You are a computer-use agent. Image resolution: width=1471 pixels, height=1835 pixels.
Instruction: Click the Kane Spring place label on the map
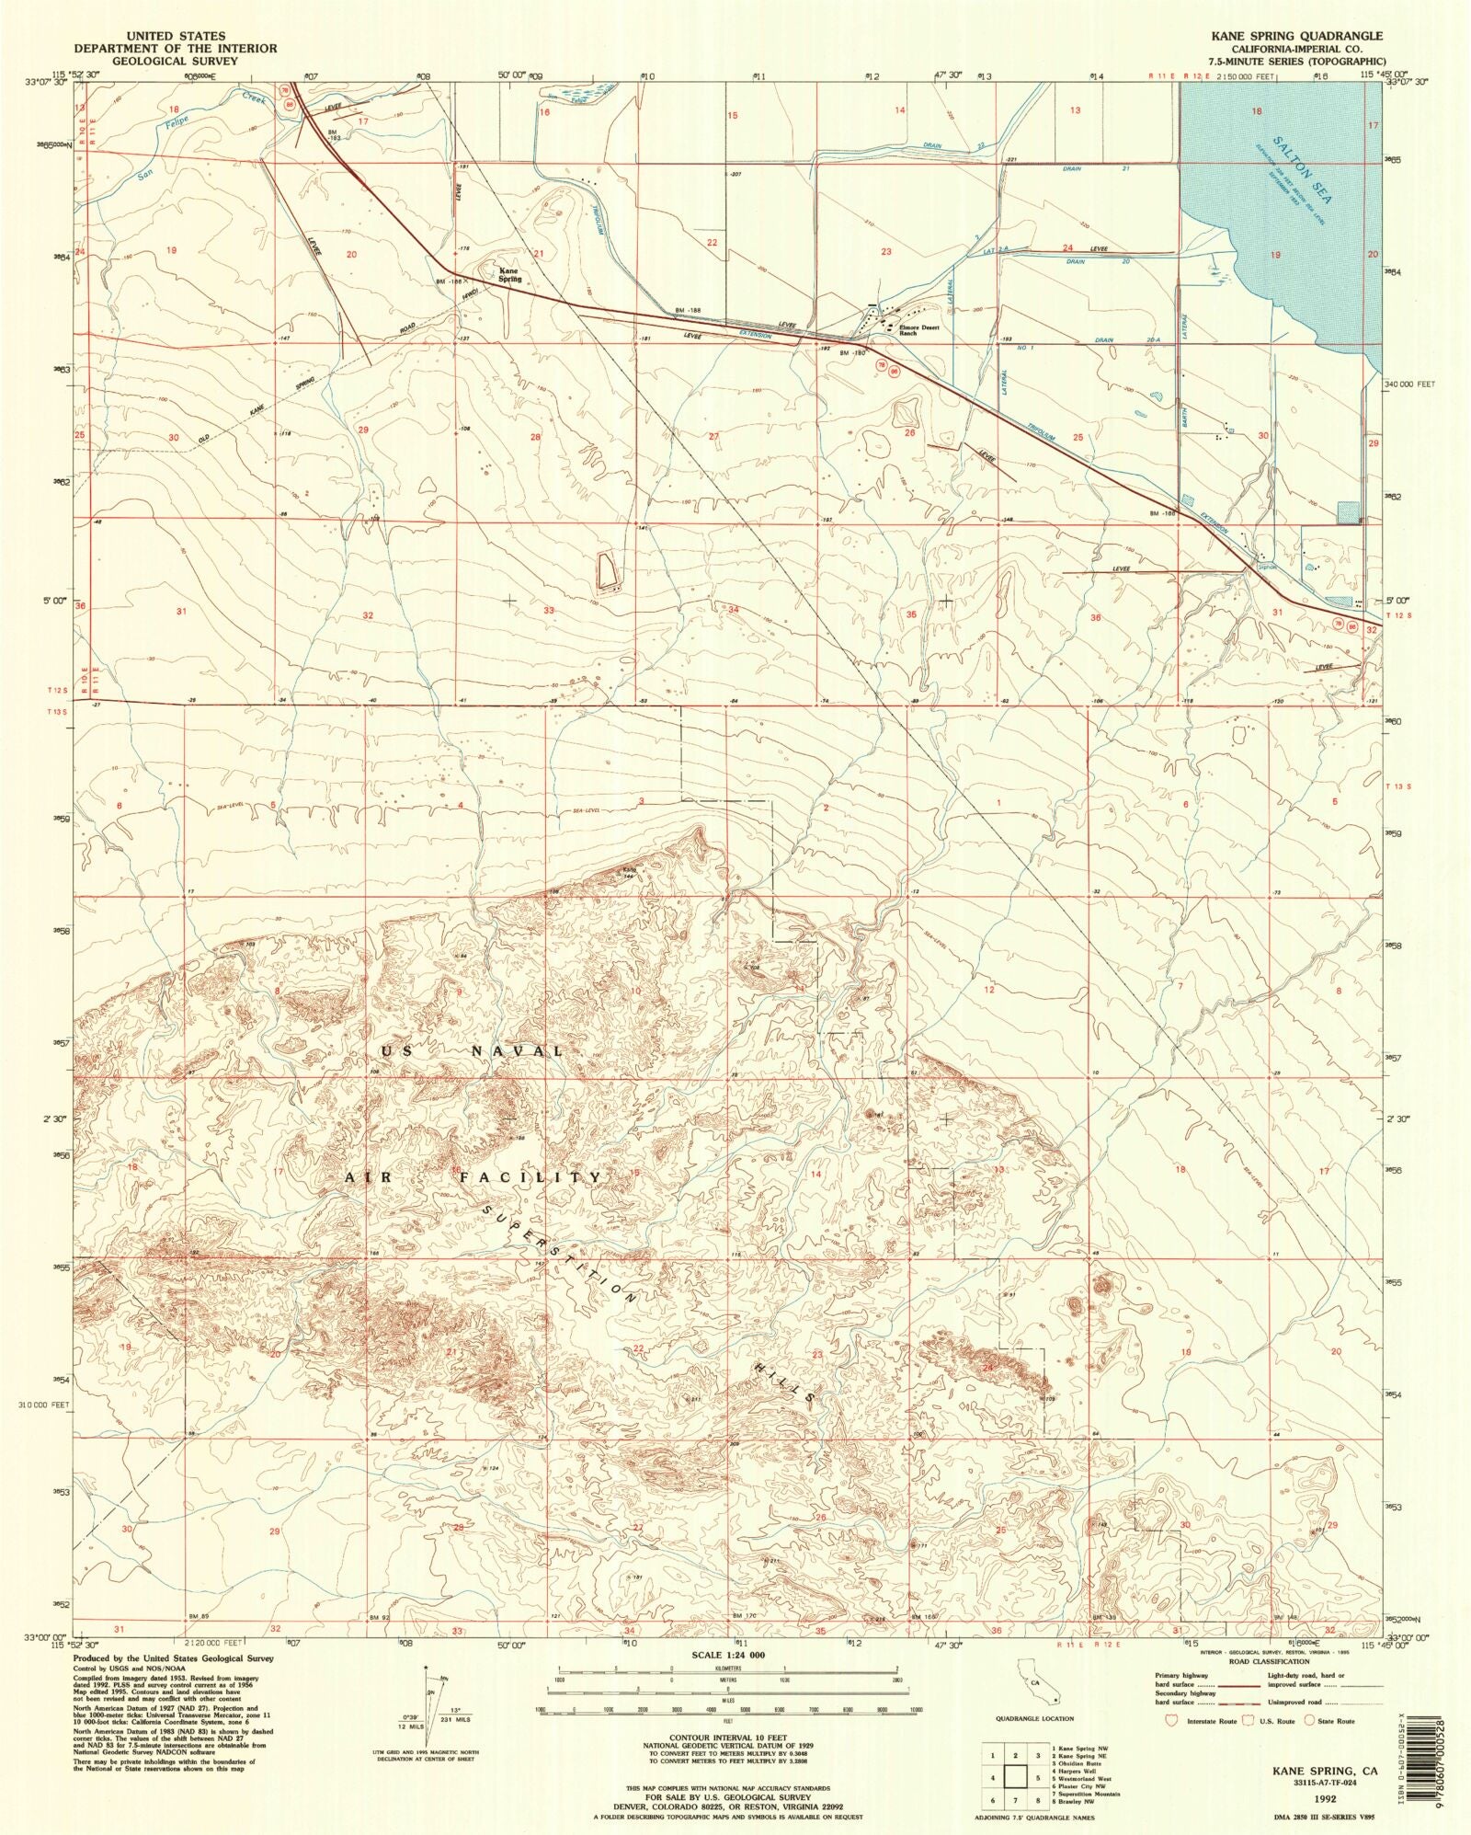pos(509,275)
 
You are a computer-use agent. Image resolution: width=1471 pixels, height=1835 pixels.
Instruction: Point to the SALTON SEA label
pos(1302,170)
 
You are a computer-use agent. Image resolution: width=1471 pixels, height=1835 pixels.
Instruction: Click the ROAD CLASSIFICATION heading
pos(1268,1661)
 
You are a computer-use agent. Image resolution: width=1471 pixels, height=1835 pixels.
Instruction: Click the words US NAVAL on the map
pos(470,1050)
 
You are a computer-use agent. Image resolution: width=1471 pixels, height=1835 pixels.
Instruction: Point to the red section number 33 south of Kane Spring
pos(549,610)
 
